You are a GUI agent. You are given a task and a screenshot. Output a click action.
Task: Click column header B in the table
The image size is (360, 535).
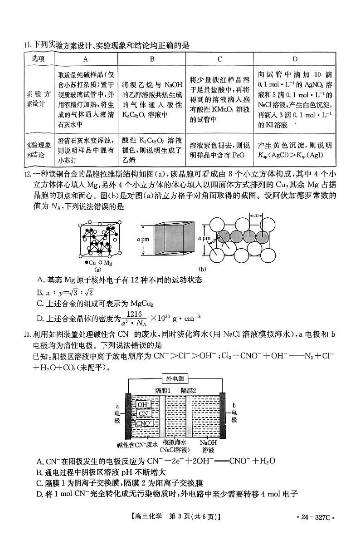(152, 59)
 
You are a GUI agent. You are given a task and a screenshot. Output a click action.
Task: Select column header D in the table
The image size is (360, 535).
(295, 59)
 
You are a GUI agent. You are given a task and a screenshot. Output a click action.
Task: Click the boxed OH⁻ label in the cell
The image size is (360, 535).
(143, 404)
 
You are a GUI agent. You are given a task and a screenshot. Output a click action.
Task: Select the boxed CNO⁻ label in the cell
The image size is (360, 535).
(144, 423)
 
